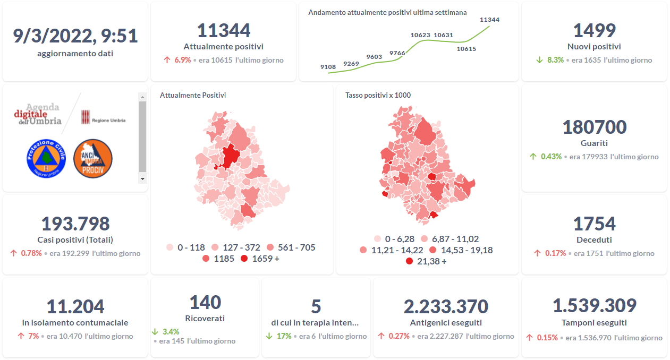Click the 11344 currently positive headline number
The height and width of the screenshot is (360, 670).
coord(223,30)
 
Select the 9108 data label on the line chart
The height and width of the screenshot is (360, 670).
coord(328,67)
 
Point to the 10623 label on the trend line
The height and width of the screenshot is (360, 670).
coord(420,35)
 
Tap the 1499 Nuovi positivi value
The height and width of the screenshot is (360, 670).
coord(594,30)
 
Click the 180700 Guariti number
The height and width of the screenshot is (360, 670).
coord(594,127)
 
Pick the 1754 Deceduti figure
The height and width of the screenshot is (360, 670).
coord(594,224)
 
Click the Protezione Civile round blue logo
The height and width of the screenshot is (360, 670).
coord(45,158)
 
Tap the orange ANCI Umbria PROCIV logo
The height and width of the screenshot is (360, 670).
coord(92,158)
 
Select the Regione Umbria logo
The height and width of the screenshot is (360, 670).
coord(103,117)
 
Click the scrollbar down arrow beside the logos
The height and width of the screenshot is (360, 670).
coord(142,179)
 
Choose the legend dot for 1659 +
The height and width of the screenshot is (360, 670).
coord(244,259)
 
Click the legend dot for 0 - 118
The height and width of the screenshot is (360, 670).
coord(170,247)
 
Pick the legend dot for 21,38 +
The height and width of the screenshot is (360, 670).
coord(409,261)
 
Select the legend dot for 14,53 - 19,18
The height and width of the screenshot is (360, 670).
coord(432,250)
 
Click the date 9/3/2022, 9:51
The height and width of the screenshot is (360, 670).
coord(75,36)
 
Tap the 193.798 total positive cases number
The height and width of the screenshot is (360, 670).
coord(75,224)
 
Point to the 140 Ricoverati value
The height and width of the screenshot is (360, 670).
coord(205,302)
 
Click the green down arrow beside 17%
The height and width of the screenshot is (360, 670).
coord(269,336)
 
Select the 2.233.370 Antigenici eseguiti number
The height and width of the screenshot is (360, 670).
coord(446,306)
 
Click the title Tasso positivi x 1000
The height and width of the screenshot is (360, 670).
coord(378,96)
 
